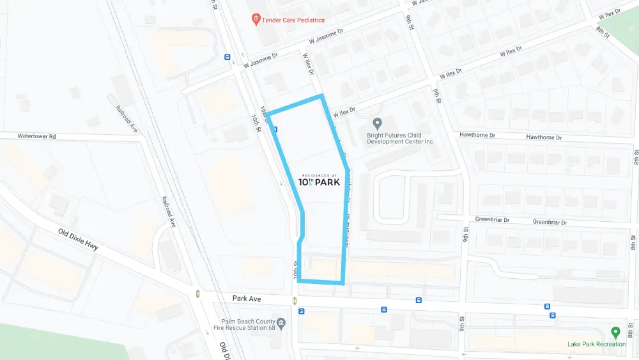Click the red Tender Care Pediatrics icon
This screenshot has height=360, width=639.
click(256, 20)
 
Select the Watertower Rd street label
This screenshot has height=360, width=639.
click(37, 136)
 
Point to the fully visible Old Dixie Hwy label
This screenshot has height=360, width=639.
click(78, 239)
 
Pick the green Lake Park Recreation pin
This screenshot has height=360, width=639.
click(615, 333)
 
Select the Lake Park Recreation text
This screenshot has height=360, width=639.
click(596, 345)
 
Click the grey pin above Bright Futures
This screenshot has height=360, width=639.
click(377, 123)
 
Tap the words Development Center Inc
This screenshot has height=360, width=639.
click(400, 141)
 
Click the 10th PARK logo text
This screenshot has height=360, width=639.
click(319, 182)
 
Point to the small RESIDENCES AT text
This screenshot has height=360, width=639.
click(320, 175)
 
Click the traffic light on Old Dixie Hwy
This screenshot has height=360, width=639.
click(198, 294)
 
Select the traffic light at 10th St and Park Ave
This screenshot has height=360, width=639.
click(294, 301)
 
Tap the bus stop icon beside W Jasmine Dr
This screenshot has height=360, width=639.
click(227, 57)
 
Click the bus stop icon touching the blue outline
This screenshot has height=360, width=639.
click(275, 130)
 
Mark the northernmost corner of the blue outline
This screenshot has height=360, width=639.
click(321, 97)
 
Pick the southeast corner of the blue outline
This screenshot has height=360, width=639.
click(343, 282)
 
